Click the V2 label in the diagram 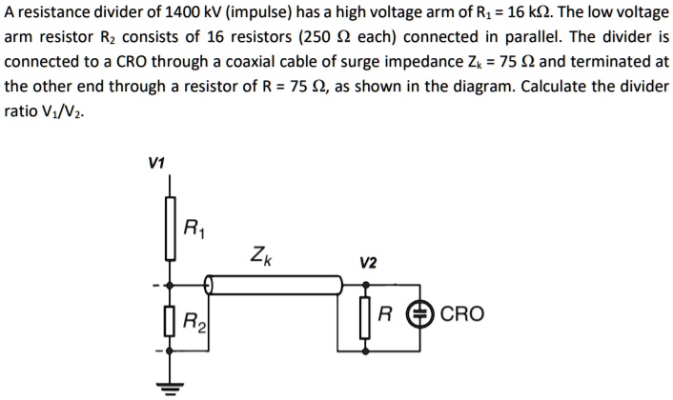pos(368,262)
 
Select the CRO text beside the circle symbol pos(462,313)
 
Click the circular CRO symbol pos(418,313)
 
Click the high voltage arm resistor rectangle pos(172,228)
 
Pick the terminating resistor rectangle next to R pos(364,313)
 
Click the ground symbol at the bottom pos(172,384)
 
